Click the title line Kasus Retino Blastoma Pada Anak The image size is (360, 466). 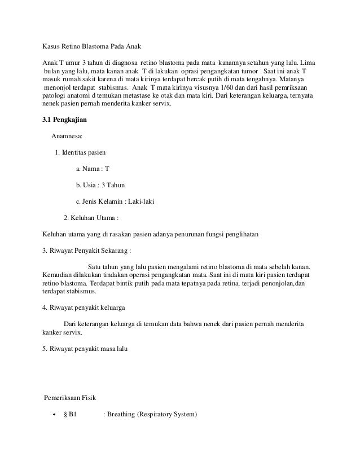89,46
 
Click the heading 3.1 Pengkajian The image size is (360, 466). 67,120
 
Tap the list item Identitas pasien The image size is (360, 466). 84,152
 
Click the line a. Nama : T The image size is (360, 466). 92,169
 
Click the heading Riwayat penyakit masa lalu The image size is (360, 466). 89,349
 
